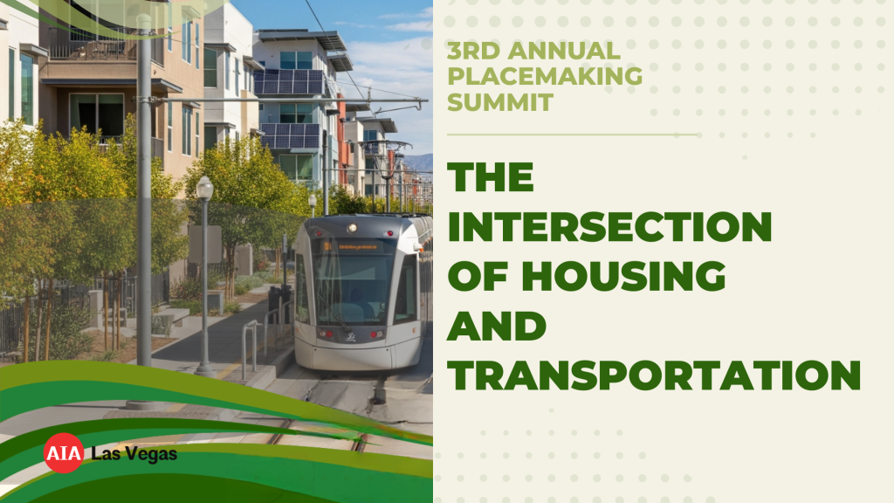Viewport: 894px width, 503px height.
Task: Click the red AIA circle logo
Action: pyautogui.click(x=64, y=453)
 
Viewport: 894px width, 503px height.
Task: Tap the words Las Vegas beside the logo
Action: pyautogui.click(x=134, y=454)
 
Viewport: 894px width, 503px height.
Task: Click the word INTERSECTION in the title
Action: pyautogui.click(x=609, y=227)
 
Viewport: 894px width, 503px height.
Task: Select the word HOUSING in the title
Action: pyautogui.click(x=623, y=276)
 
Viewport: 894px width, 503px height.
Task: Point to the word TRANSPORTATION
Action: pyautogui.click(x=654, y=375)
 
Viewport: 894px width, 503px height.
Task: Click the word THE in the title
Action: pyautogui.click(x=491, y=177)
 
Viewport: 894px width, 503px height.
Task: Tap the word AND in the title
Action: pyautogui.click(x=497, y=326)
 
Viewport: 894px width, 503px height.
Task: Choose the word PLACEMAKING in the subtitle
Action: pyautogui.click(x=545, y=77)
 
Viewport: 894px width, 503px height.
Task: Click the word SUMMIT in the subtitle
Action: pyautogui.click(x=500, y=103)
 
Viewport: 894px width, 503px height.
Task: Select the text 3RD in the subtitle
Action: pyautogui.click(x=473, y=51)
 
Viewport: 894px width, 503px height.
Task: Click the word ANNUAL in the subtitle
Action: pyautogui.click(x=563, y=51)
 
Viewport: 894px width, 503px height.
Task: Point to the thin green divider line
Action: pyautogui.click(x=573, y=134)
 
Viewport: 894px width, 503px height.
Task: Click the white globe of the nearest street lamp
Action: pyautogui.click(x=204, y=188)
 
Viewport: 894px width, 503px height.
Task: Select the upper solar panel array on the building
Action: pyautogui.click(x=290, y=81)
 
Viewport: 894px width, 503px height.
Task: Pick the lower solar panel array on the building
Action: pyautogui.click(x=291, y=135)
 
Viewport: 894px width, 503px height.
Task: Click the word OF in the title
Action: pyautogui.click(x=478, y=276)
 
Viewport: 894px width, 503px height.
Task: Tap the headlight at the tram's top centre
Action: pyautogui.click(x=353, y=228)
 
